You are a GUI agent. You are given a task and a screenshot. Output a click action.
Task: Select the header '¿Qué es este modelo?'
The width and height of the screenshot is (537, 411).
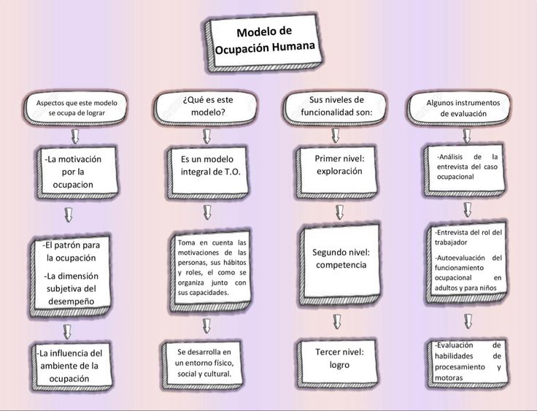(x=206, y=107)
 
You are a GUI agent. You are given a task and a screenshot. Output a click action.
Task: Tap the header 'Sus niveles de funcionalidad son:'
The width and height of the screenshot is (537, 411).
(x=336, y=107)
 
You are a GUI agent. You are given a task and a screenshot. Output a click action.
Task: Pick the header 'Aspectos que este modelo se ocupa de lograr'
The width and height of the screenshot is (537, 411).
(x=76, y=108)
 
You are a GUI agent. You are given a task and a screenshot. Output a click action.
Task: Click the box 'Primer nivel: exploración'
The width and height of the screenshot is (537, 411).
(x=337, y=172)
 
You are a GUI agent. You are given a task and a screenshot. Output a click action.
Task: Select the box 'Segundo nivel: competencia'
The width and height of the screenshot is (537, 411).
(x=340, y=264)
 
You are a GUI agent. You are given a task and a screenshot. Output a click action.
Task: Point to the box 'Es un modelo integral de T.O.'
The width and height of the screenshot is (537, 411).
(x=207, y=172)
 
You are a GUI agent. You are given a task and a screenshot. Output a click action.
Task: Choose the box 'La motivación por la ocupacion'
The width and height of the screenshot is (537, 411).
(x=78, y=172)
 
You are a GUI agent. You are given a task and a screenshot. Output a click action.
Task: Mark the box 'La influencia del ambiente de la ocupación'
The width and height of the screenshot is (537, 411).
(x=72, y=366)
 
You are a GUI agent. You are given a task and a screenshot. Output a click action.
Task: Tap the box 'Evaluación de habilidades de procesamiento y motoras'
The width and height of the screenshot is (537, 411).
(x=468, y=363)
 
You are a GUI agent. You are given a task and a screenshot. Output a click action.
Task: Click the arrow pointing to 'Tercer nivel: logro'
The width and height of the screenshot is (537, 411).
(x=337, y=322)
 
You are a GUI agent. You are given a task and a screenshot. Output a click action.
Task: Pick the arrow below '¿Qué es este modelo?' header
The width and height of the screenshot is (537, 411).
(x=206, y=137)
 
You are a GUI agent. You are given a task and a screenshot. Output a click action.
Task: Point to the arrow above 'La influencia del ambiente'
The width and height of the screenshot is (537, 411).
(x=67, y=331)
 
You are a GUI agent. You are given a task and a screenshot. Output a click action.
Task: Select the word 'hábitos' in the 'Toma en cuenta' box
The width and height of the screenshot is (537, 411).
(x=235, y=263)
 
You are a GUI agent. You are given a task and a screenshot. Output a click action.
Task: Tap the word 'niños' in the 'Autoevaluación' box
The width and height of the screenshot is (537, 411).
(x=487, y=288)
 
